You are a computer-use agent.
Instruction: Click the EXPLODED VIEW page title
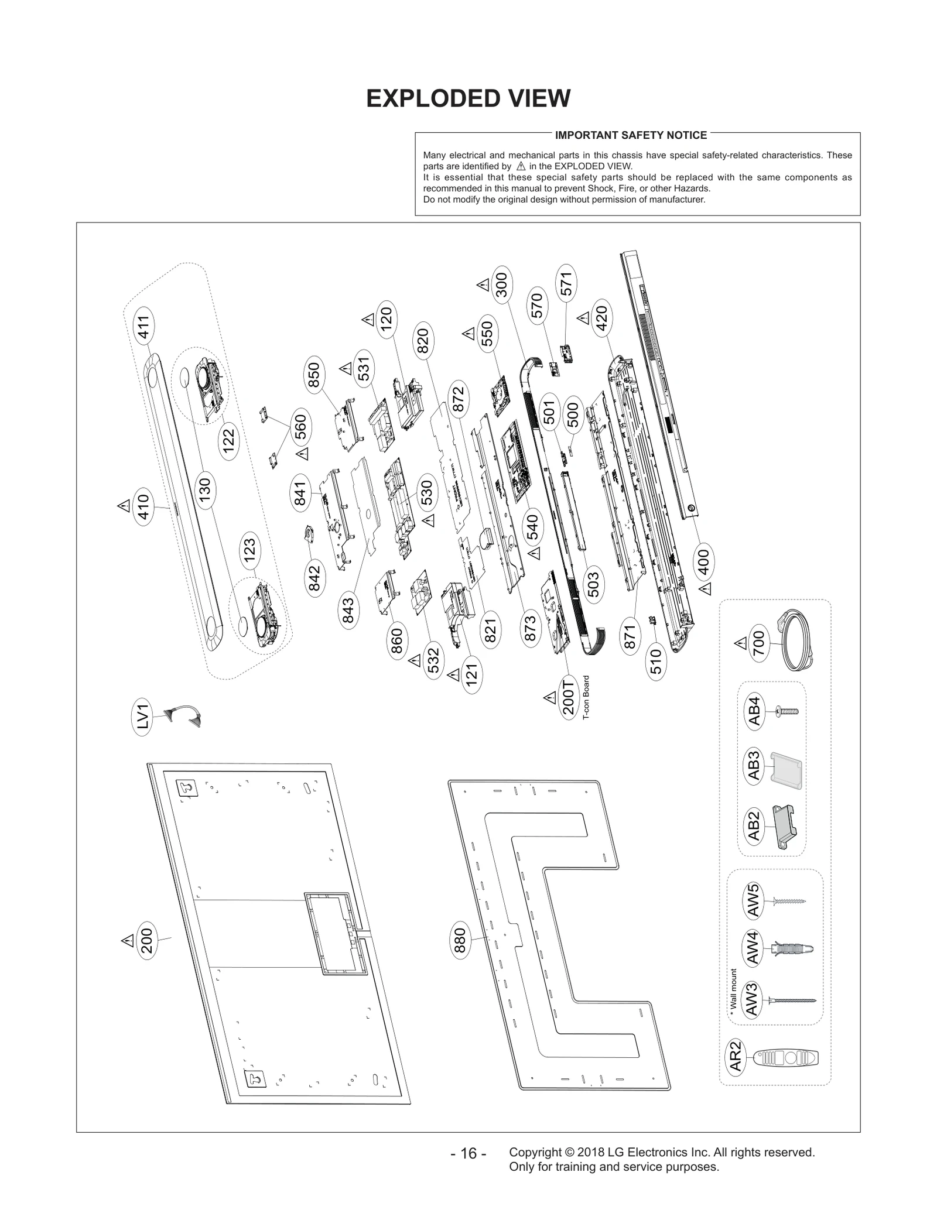pyautogui.click(x=468, y=98)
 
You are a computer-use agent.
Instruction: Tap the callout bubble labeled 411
pyautogui.click(x=144, y=328)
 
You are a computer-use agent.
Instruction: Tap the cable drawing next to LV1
pyautogui.click(x=182, y=715)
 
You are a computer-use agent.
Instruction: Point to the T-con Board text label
pyautogui.click(x=586, y=697)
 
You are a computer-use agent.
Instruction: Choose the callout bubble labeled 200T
pyautogui.click(x=569, y=697)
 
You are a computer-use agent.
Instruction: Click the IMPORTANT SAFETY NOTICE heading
pyautogui.click(x=631, y=135)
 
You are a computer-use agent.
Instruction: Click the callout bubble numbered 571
pyautogui.click(x=566, y=284)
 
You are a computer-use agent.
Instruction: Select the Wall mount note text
pyautogui.click(x=733, y=990)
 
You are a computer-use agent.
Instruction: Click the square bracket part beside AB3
pyautogui.click(x=786, y=771)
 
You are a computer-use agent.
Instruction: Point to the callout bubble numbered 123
pyautogui.click(x=250, y=550)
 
